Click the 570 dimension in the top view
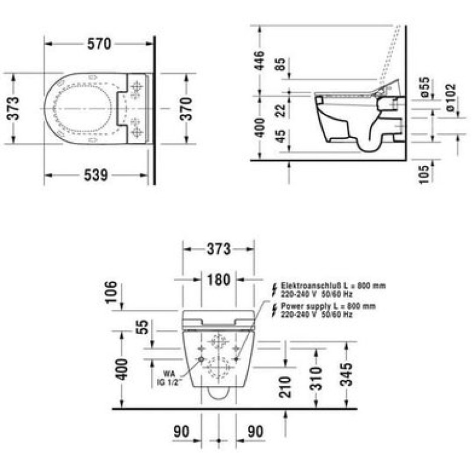click(x=99, y=44)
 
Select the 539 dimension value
click(x=96, y=175)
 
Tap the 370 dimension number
click(x=186, y=109)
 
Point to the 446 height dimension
click(x=259, y=61)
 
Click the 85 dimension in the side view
click(x=280, y=64)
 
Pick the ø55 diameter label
click(x=424, y=87)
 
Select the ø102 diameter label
click(x=451, y=97)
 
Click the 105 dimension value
click(x=424, y=174)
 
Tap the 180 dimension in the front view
click(x=219, y=280)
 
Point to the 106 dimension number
click(x=110, y=291)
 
